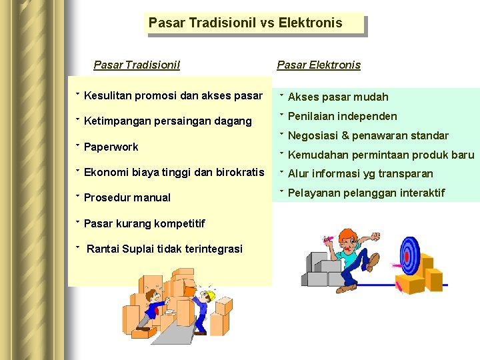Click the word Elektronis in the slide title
tap(310, 23)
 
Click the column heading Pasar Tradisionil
tap(137, 65)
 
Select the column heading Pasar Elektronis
tap(319, 65)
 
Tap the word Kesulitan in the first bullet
tap(107, 96)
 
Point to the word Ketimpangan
tap(117, 121)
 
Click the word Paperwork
tap(111, 147)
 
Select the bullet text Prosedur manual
tap(127, 198)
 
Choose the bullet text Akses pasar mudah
tap(338, 97)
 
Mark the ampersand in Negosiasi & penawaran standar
tap(345, 136)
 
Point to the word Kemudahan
tap(315, 155)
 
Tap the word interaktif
tap(422, 193)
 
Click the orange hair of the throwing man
tap(347, 236)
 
